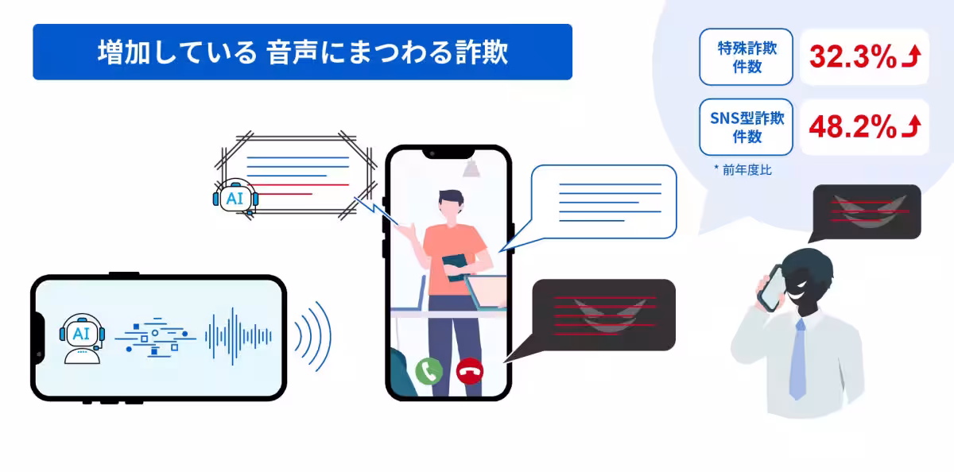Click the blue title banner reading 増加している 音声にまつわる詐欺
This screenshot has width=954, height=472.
302,52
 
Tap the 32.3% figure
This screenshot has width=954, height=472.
852,56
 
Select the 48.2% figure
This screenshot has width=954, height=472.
852,126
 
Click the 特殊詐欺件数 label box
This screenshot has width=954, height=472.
747,57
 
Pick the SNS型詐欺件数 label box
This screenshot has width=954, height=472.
747,127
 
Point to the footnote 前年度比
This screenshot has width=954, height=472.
747,170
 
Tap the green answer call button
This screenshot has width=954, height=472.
429,371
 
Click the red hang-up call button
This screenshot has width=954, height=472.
470,371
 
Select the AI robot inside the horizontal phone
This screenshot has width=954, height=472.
82,339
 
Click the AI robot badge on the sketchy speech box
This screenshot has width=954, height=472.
235,197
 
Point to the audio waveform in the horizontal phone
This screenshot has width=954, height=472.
238,336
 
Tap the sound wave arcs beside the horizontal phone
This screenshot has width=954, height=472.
313,336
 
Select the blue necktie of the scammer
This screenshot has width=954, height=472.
798,360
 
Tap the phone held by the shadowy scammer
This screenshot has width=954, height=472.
772,288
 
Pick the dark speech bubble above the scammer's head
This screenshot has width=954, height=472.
866,212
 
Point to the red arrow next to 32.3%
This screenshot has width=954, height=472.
912,56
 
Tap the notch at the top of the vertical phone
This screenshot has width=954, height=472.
448,153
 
